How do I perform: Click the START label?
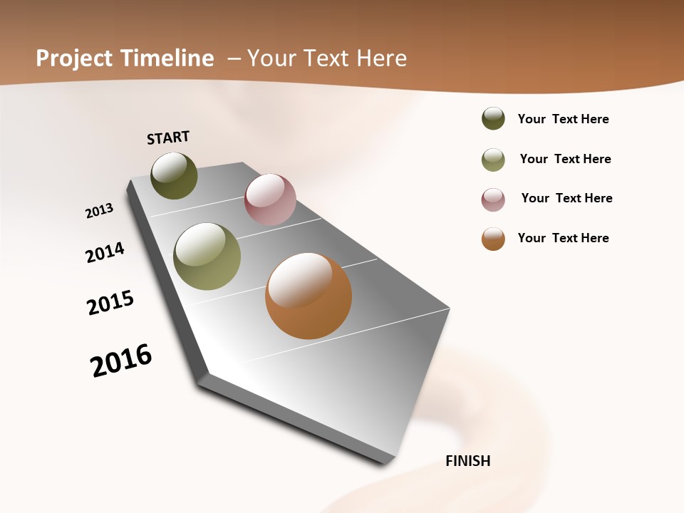pos(168,138)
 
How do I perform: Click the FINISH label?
pos(467,461)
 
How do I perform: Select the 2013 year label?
pos(99,211)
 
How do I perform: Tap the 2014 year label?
pos(105,252)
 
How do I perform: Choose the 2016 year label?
pos(121,361)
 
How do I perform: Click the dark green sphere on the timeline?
pos(174,176)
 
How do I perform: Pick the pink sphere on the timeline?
pos(270,199)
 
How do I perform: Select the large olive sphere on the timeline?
pos(207,256)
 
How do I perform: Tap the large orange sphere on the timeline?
pos(309,296)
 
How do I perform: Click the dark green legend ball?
pos(493,119)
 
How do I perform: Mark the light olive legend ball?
pos(493,160)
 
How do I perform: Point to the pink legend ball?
pos(493,199)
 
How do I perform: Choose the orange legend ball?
pos(493,239)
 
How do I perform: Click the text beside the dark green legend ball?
pos(563,120)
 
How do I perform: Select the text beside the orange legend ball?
pos(563,238)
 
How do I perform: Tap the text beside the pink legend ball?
pos(566,198)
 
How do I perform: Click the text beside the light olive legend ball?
pos(565,159)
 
